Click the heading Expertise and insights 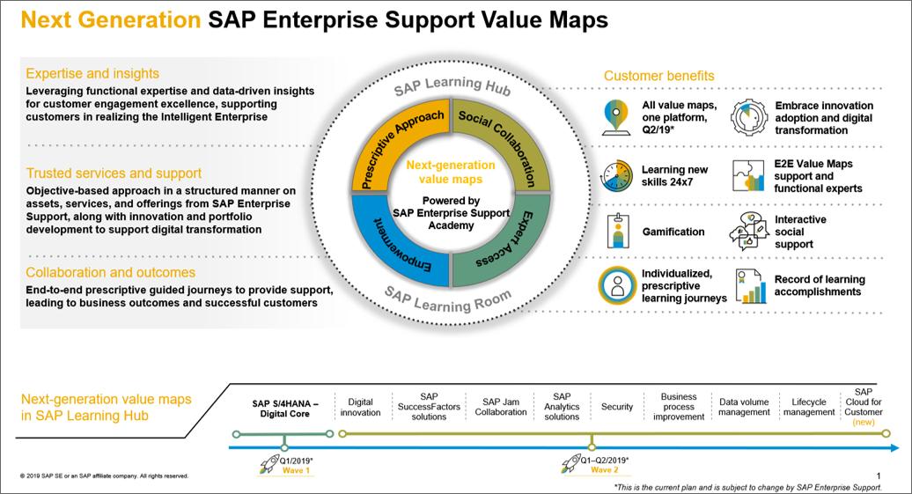(x=92, y=74)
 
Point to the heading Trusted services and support (x=114, y=173)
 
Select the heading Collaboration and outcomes (x=111, y=273)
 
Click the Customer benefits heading (x=658, y=77)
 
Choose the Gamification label (x=673, y=232)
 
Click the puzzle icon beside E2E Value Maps (x=747, y=175)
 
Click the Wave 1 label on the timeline (x=296, y=470)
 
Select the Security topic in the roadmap (x=617, y=407)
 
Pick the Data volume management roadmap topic (x=744, y=407)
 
